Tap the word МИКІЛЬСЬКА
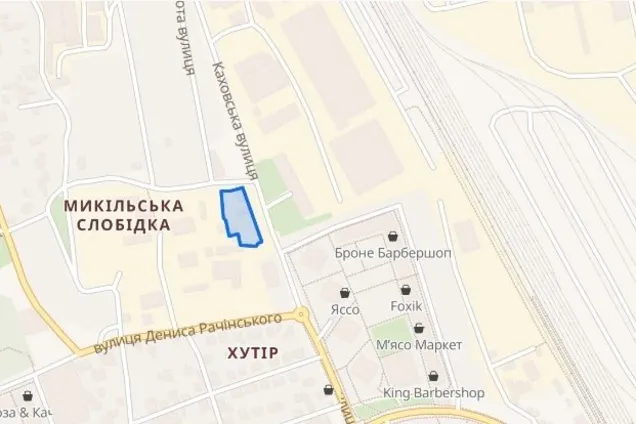click(x=123, y=205)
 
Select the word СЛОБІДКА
click(x=123, y=225)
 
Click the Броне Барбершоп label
click(x=394, y=253)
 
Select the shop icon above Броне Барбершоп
click(x=394, y=236)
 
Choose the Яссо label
click(x=345, y=309)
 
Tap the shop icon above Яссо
click(x=345, y=293)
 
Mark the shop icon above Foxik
click(x=405, y=290)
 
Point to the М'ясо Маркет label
click(x=419, y=345)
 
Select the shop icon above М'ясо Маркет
click(x=418, y=328)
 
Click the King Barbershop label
click(x=433, y=393)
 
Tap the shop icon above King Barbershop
click(x=433, y=376)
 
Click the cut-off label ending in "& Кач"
click(x=26, y=412)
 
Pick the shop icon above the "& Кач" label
click(x=27, y=396)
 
